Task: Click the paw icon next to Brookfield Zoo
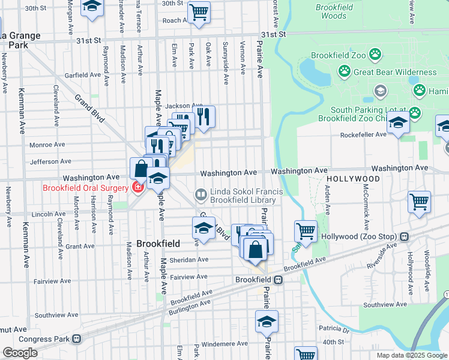[x=375, y=55]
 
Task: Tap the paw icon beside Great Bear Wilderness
[x=344, y=72]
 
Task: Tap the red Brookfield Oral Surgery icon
[x=137, y=188]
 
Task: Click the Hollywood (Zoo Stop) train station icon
[x=405, y=237]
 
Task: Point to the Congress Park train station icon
[x=76, y=338]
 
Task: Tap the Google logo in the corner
[x=19, y=353]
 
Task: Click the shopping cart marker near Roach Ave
[x=199, y=12]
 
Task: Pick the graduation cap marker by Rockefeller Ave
[x=397, y=124]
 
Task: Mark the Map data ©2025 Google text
[x=411, y=355]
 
